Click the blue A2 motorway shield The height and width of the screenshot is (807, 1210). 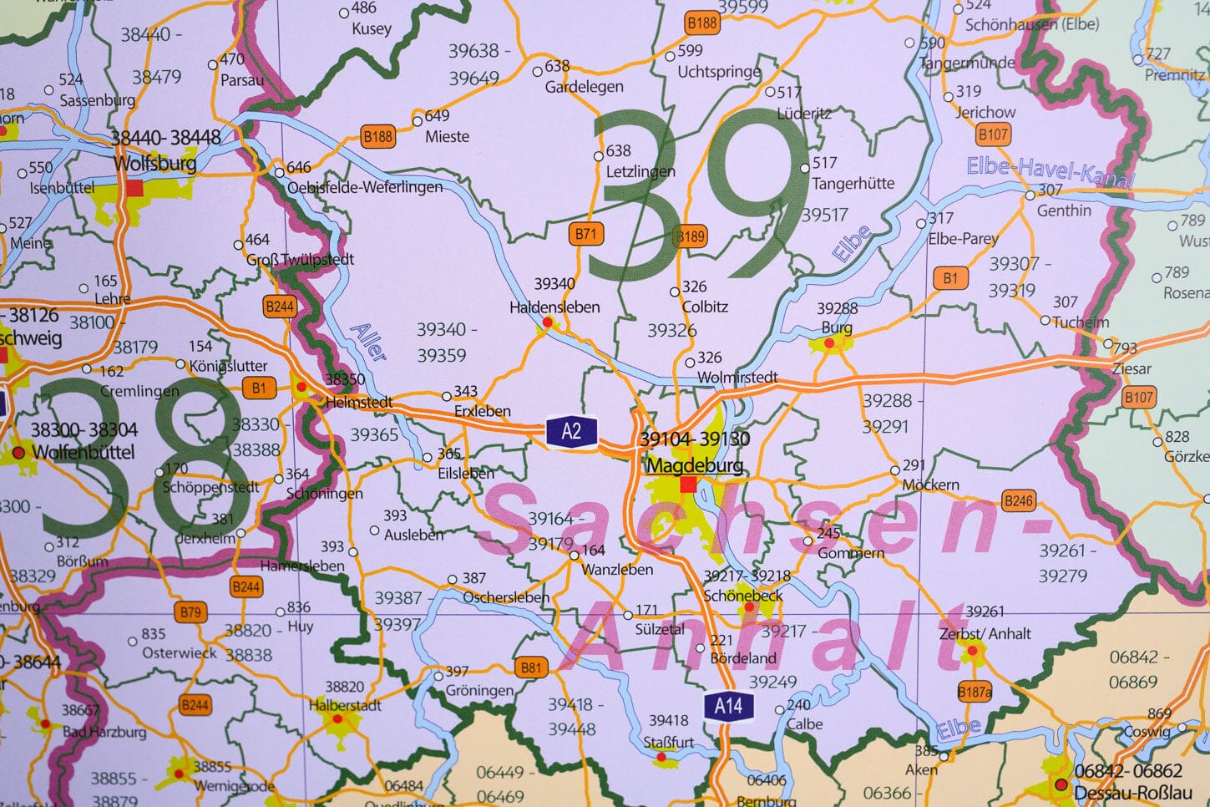point(571,431)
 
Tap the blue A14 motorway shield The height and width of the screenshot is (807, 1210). point(728,706)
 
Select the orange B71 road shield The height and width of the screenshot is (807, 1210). point(586,234)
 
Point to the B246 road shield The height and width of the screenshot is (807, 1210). point(1018,501)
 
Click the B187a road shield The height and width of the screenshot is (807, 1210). point(975,692)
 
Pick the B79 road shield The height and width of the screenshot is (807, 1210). point(191,612)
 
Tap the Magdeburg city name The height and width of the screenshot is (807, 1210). point(695,464)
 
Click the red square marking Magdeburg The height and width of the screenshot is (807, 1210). point(688,485)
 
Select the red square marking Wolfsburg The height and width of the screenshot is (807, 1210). point(134,189)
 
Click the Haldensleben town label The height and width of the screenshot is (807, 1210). point(554,307)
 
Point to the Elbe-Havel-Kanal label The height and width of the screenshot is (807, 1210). point(1049,171)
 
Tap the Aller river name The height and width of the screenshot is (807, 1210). point(369,342)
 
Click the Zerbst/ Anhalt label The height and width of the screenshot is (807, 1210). point(985,634)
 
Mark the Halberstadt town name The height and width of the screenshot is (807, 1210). point(345,705)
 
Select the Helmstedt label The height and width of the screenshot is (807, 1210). point(359,403)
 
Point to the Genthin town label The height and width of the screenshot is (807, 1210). point(1064,211)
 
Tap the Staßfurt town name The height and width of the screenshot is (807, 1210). point(669,742)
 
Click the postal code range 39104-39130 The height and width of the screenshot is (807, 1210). point(695,439)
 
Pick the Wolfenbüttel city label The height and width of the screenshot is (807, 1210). point(83,452)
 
